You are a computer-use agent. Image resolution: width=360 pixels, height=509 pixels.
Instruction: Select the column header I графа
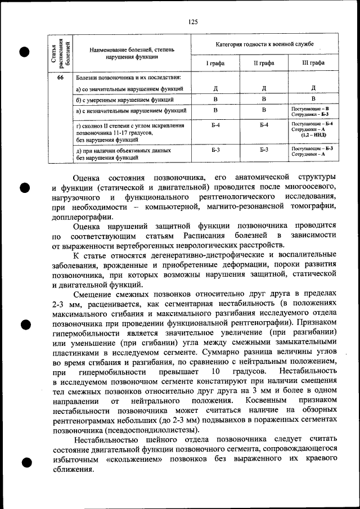[x=215, y=63]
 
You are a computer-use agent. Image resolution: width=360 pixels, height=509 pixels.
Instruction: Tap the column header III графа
[x=313, y=63]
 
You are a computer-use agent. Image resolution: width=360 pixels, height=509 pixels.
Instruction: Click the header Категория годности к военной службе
[x=264, y=44]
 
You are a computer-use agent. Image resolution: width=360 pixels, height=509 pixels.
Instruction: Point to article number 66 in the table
[x=60, y=78]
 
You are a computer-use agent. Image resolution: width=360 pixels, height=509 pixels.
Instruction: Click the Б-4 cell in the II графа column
[x=264, y=124]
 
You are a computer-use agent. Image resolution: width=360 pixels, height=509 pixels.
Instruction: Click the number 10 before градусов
[x=215, y=372]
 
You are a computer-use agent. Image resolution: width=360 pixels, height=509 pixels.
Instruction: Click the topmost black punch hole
[x=24, y=52]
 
